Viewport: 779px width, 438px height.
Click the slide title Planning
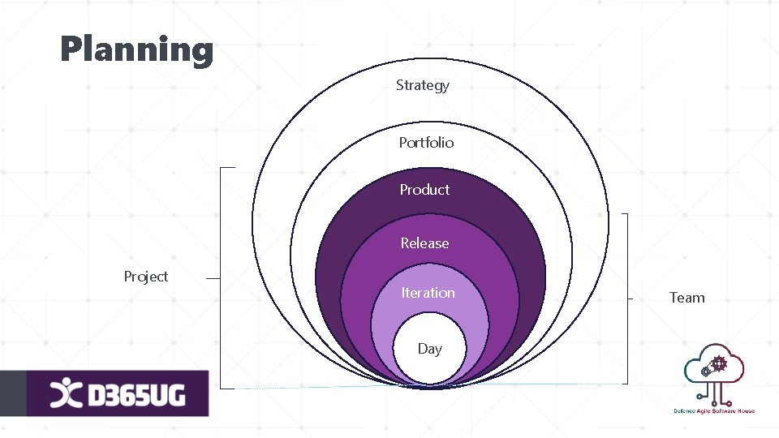[x=136, y=49]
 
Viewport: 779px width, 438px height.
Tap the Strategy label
[x=422, y=85]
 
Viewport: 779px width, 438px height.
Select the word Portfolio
[x=426, y=143]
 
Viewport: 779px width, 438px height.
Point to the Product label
[x=424, y=190]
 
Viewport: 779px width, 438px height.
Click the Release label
[x=424, y=243]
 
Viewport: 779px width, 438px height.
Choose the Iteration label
[x=428, y=293]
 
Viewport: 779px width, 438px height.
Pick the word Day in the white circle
[x=429, y=349]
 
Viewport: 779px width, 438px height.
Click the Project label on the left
[x=146, y=277]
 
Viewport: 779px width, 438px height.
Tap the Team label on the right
[x=686, y=298]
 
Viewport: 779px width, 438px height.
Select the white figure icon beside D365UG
[x=66, y=394]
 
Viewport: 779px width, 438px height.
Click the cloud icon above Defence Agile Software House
[x=714, y=369]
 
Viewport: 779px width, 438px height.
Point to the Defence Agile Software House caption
[x=714, y=411]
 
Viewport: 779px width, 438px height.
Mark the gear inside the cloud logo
[x=718, y=363]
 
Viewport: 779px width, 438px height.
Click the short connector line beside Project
[x=213, y=277]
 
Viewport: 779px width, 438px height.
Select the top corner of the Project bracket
[x=222, y=168]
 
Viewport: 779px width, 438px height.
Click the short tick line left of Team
[x=631, y=298]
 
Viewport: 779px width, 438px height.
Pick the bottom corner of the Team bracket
[x=627, y=382]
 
